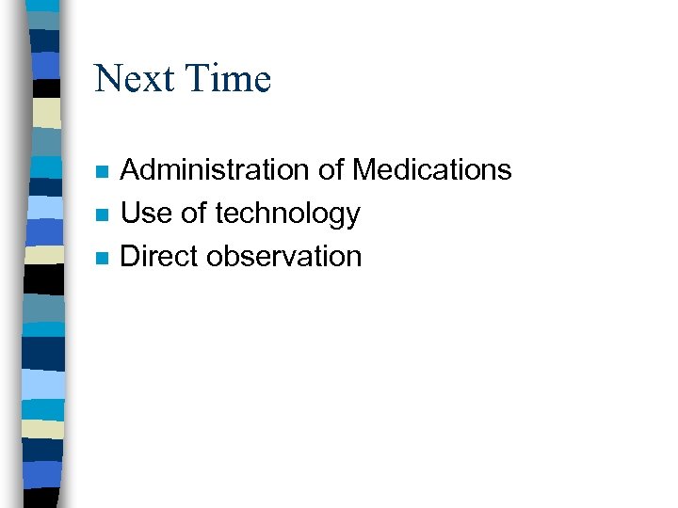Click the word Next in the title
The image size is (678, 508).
click(x=135, y=78)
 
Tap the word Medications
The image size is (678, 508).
click(x=431, y=170)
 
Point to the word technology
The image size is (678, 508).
click(x=287, y=214)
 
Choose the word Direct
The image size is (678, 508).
click(x=160, y=256)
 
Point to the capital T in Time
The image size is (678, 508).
click(x=196, y=78)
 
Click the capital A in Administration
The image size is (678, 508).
click(x=132, y=170)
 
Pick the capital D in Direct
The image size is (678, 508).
click(x=132, y=256)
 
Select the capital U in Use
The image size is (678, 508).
click(x=132, y=214)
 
